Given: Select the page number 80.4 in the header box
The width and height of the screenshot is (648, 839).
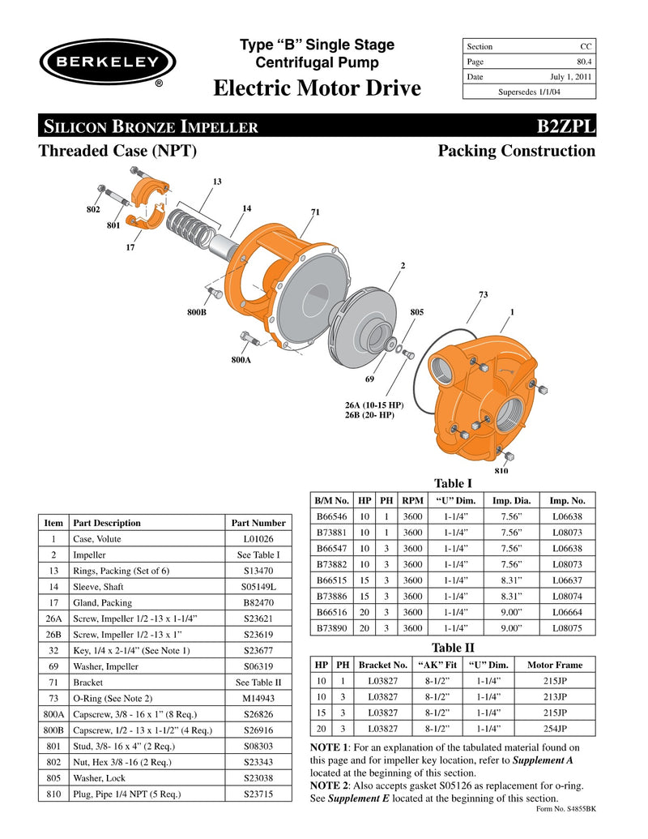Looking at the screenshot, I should [x=583, y=62].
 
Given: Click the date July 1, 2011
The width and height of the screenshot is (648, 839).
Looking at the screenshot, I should [x=571, y=77].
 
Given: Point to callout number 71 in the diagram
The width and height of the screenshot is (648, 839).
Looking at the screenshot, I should [x=316, y=212].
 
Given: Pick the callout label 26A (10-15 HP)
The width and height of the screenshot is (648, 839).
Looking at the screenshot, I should [x=374, y=405].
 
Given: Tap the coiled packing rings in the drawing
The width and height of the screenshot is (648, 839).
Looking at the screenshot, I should [x=195, y=222].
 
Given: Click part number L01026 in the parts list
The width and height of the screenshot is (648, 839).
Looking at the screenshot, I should [x=258, y=538].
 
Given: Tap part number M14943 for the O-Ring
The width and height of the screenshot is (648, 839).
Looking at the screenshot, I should [x=258, y=698].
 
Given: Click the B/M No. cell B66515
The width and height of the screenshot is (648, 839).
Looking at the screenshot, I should [x=330, y=580].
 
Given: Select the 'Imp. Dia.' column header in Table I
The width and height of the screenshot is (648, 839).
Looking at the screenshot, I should [x=511, y=500].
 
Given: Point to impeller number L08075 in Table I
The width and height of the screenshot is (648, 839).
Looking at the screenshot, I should [x=567, y=627].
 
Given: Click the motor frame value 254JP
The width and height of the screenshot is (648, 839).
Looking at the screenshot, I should [x=555, y=728].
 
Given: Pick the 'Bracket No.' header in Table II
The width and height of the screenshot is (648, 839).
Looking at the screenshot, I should [x=383, y=665].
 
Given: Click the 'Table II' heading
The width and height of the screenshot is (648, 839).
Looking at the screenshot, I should [x=454, y=648].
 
